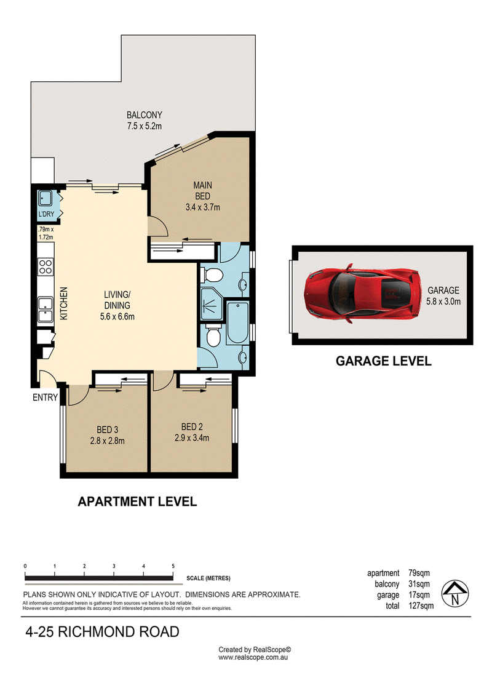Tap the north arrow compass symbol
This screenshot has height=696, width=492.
pyautogui.click(x=454, y=593)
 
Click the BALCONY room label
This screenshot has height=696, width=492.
pyautogui.click(x=144, y=115)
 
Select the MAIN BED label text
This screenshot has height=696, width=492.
pyautogui.click(x=203, y=190)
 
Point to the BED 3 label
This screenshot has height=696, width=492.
pyautogui.click(x=108, y=430)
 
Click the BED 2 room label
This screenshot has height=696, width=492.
pyautogui.click(x=192, y=426)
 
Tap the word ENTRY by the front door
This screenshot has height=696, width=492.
pyautogui.click(x=46, y=398)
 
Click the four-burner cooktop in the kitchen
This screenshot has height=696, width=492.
pyautogui.click(x=46, y=267)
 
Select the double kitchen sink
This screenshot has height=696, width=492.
pyautogui.click(x=46, y=310)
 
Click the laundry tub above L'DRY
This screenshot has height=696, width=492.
pyautogui.click(x=46, y=198)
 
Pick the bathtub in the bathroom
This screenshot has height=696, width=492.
pyautogui.click(x=237, y=322)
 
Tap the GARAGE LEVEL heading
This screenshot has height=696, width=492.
pyautogui.click(x=383, y=361)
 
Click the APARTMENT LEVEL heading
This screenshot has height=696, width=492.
pyautogui.click(x=137, y=502)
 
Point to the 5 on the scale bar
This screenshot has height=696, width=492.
pyautogui.click(x=173, y=566)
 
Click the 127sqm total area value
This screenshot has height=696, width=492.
pyautogui.click(x=421, y=606)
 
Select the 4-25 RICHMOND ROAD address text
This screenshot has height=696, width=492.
pyautogui.click(x=103, y=631)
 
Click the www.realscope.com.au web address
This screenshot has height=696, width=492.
pyautogui.click(x=253, y=657)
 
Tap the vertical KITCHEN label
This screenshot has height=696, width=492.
pyautogui.click(x=64, y=303)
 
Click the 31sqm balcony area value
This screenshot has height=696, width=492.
pyautogui.click(x=419, y=584)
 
